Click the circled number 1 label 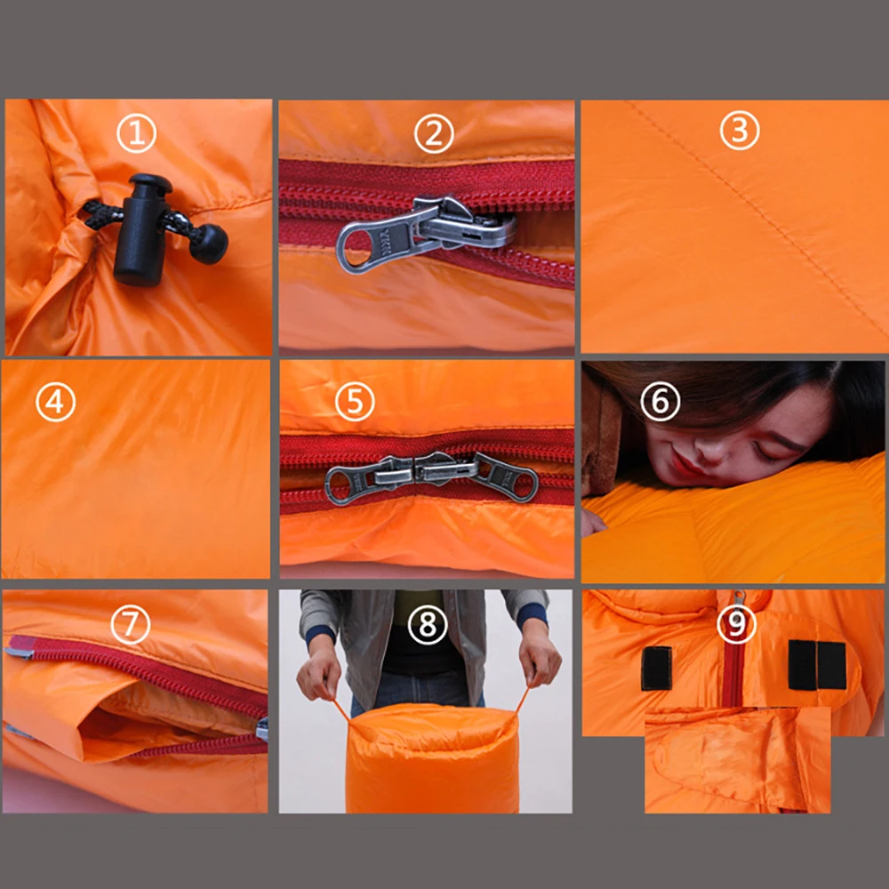[136, 132]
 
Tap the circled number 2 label [434, 134]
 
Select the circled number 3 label [740, 131]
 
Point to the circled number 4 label [55, 402]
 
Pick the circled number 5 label [355, 402]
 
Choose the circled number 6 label [660, 402]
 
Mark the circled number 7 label [131, 624]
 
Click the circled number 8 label [428, 625]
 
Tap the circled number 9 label [736, 624]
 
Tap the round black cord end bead [210, 244]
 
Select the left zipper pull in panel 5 [369, 477]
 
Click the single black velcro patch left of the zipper [657, 668]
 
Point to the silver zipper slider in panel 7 [262, 730]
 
